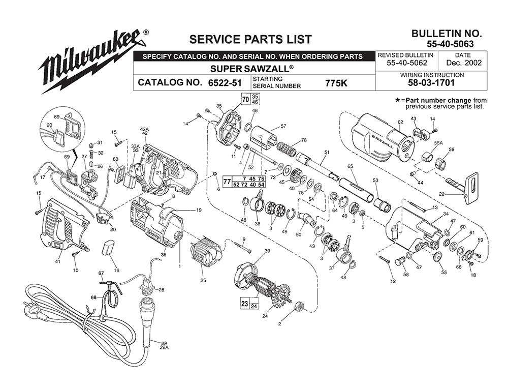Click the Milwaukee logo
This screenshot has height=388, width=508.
click(91, 61)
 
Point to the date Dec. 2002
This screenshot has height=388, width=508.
click(463, 64)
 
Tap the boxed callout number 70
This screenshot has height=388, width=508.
click(245, 99)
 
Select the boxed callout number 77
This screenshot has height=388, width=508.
click(228, 181)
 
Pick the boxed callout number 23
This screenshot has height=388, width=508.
click(244, 304)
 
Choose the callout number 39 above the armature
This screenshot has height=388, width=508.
click(267, 252)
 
